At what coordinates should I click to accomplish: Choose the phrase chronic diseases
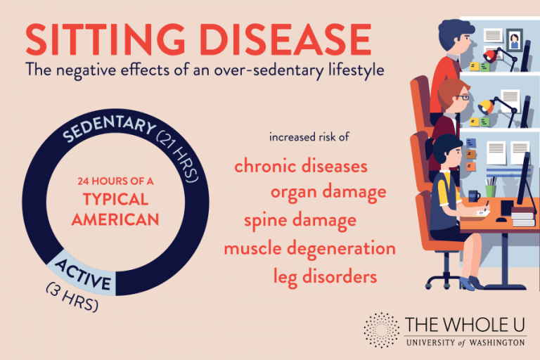pyautogui.click(x=301, y=167)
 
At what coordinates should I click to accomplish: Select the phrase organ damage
pyautogui.click(x=328, y=191)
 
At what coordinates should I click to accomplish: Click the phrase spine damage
pyautogui.click(x=300, y=220)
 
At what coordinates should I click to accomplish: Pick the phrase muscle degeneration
pyautogui.click(x=309, y=248)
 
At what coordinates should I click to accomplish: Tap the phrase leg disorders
pyautogui.click(x=325, y=276)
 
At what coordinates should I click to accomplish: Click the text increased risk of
pyautogui.click(x=309, y=136)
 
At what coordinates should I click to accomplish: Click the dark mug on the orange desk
pyautogui.click(x=474, y=195)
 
